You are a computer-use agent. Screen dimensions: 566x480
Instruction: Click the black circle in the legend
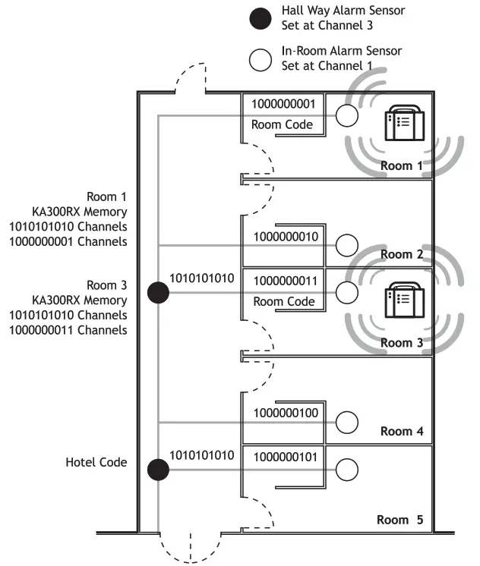point(261,17)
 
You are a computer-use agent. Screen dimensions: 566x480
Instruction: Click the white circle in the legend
point(261,59)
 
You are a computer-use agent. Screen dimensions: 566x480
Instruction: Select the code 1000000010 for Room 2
point(283,237)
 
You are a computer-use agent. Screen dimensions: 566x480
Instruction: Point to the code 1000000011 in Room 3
point(283,281)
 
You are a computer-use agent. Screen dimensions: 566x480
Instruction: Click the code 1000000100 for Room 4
point(283,413)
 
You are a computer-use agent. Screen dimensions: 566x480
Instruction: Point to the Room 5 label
point(399,520)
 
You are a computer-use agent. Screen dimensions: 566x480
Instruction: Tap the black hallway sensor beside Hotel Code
point(158,470)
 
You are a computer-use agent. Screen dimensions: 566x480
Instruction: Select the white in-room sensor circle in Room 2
point(347,245)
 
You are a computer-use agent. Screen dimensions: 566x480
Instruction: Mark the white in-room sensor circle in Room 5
point(347,469)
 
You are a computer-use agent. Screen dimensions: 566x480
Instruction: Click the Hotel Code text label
point(96,462)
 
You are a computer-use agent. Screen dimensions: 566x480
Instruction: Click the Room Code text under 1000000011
point(283,301)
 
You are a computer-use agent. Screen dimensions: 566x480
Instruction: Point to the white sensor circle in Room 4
point(347,421)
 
